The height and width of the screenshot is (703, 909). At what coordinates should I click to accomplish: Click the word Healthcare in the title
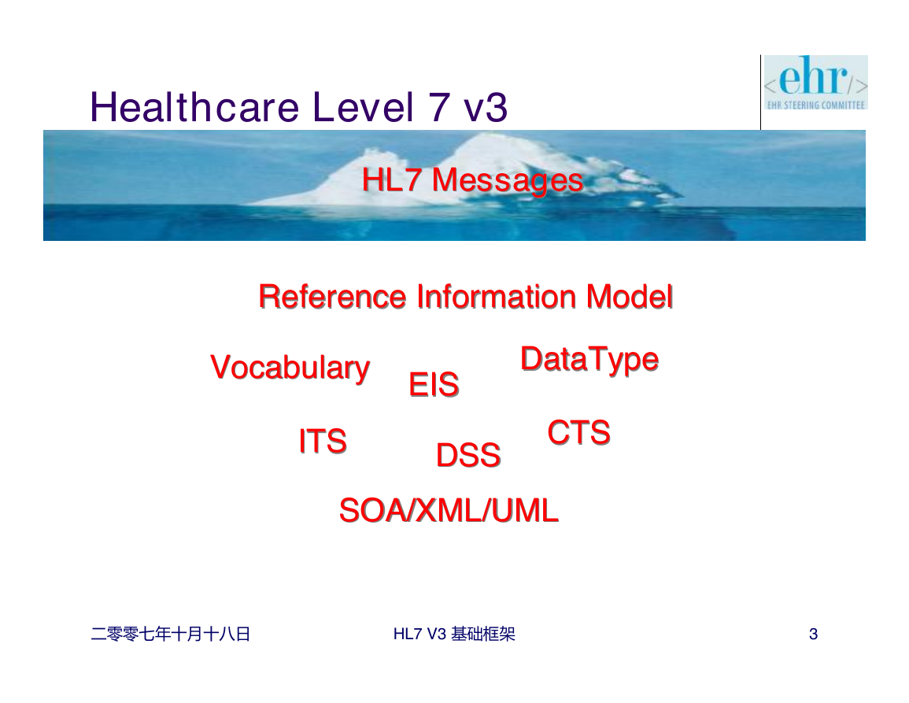(195, 107)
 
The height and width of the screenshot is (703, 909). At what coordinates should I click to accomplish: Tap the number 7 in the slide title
(439, 107)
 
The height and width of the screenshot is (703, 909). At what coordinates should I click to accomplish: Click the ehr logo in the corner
(815, 83)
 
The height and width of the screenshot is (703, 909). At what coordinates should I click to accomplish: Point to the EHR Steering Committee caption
(815, 105)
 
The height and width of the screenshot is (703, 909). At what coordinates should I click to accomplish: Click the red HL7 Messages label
(472, 179)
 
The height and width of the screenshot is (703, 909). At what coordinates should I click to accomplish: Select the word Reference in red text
(333, 297)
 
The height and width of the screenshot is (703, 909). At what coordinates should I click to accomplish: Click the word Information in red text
(497, 297)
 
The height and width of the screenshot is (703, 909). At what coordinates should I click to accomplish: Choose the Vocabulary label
(290, 368)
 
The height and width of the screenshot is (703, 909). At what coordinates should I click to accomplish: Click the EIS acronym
(434, 384)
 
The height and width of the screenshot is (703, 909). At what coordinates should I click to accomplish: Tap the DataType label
(589, 359)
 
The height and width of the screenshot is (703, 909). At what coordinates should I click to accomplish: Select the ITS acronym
(323, 441)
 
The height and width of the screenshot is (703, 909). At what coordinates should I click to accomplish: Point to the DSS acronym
(468, 455)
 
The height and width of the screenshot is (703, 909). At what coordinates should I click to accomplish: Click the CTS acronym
(579, 433)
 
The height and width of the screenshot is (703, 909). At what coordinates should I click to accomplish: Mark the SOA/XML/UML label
(449, 510)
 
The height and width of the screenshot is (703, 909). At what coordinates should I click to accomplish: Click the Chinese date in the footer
(171, 634)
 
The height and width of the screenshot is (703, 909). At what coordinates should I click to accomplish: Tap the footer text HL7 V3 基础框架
(454, 634)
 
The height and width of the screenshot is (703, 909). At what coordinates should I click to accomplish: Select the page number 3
(813, 634)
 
